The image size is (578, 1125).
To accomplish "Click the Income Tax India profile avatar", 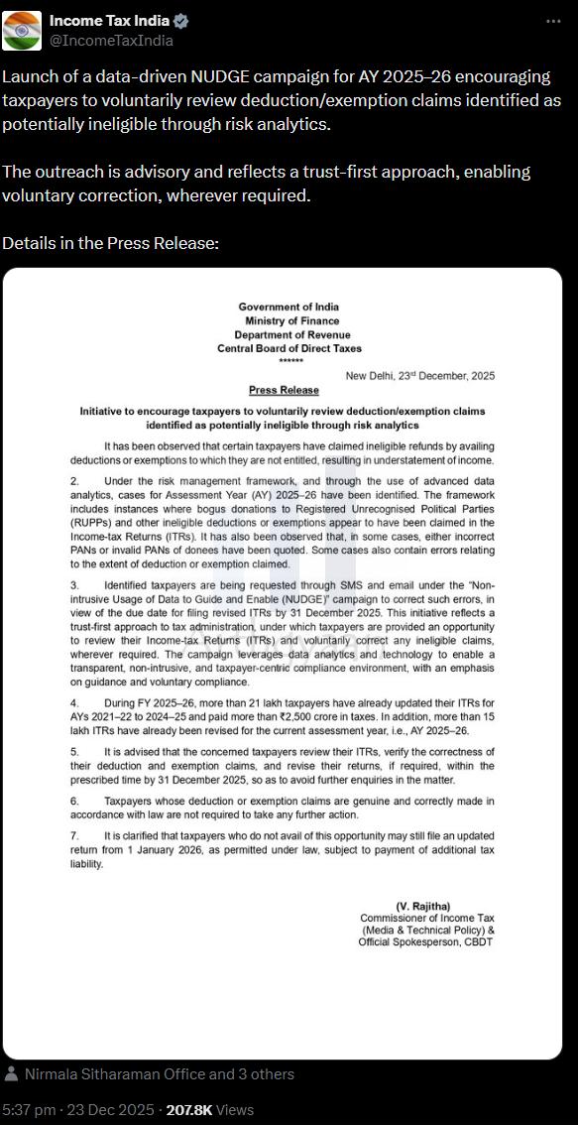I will point(22,31).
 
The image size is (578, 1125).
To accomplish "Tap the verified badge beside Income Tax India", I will point(181,21).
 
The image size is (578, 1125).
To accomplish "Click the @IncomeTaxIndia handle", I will point(111,41).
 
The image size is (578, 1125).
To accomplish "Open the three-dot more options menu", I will point(552,22).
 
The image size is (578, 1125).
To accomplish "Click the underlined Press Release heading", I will point(284,390).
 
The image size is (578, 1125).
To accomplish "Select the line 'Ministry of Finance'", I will point(292,320).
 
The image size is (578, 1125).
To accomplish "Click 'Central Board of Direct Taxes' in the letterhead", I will point(289,348).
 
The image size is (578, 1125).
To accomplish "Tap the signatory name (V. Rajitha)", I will point(423,907).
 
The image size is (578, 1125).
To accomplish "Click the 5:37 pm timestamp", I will point(29,1109).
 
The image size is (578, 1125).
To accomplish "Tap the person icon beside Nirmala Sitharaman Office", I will point(11,1073).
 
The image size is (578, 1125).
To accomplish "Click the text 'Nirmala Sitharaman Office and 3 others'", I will point(159,1073).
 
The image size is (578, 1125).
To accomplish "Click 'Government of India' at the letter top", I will point(289,307).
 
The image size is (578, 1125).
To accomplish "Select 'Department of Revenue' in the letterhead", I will point(291,334).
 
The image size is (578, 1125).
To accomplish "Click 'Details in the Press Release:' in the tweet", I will point(110,243).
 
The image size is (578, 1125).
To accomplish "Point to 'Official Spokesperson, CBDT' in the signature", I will point(425,941).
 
